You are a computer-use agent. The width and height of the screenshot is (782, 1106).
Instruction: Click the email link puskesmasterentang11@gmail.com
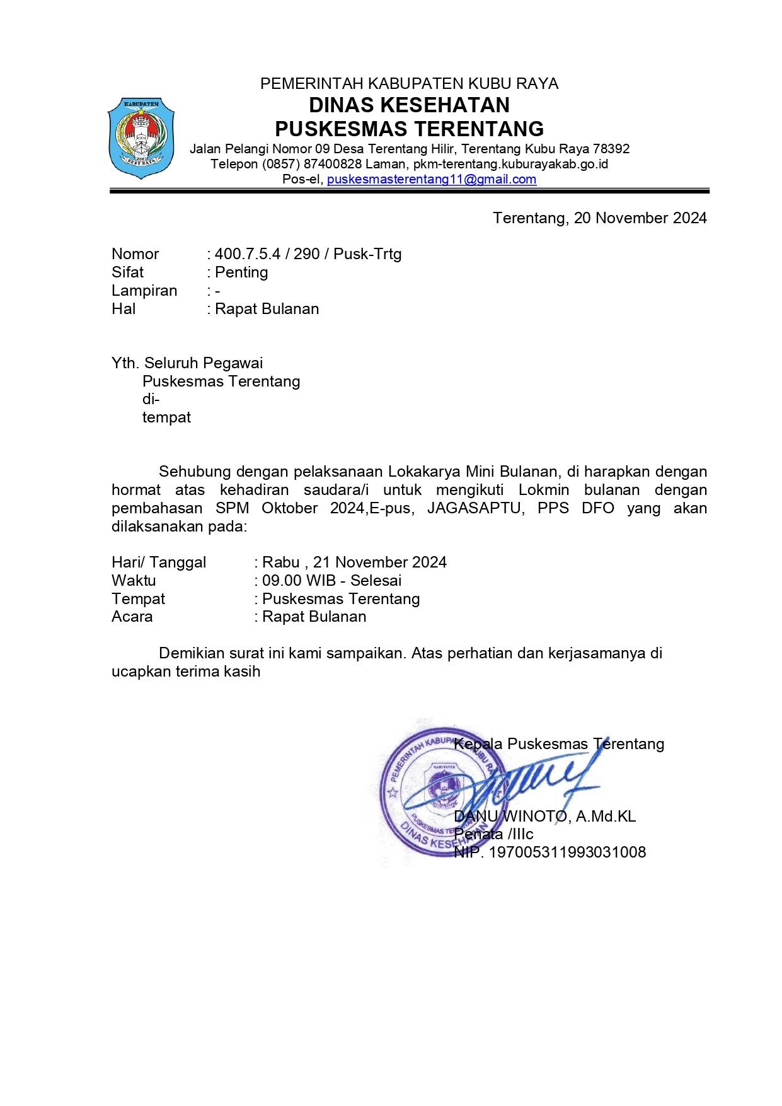tap(432, 179)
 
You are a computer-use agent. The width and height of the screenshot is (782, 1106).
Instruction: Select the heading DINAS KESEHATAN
tap(409, 105)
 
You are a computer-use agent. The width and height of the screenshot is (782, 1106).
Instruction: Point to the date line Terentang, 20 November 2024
tap(599, 218)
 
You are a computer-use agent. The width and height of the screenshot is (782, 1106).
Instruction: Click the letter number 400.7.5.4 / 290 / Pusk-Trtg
tap(308, 254)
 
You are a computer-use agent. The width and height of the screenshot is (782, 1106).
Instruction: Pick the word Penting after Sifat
tap(241, 272)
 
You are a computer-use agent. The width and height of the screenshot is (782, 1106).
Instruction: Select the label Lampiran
tap(144, 291)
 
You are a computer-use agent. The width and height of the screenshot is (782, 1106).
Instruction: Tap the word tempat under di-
tap(166, 417)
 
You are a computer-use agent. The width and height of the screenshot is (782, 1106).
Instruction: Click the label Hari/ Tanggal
tap(159, 562)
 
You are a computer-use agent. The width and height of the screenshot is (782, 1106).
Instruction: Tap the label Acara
tap(132, 617)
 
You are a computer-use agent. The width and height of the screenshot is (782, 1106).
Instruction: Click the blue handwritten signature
tap(504, 785)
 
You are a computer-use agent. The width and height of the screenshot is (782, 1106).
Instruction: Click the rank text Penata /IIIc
tap(493, 834)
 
